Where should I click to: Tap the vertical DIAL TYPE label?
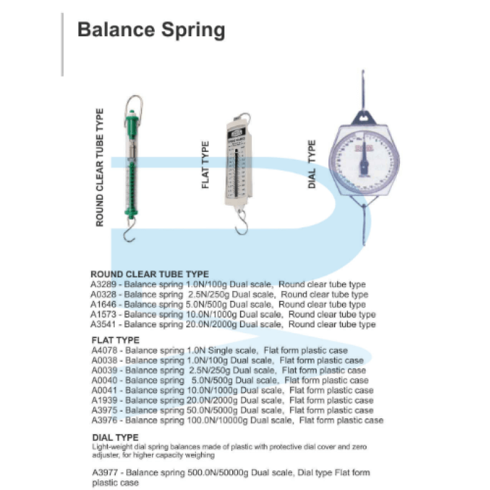point(312,164)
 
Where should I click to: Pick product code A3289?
point(103,284)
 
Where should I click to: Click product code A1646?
point(103,304)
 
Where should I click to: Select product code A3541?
point(103,324)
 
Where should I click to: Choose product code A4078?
point(103,350)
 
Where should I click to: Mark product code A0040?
point(103,380)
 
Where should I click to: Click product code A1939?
point(103,400)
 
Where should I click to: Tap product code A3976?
point(103,420)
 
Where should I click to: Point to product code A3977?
point(103,473)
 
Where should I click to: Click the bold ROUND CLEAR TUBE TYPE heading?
point(149,274)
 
